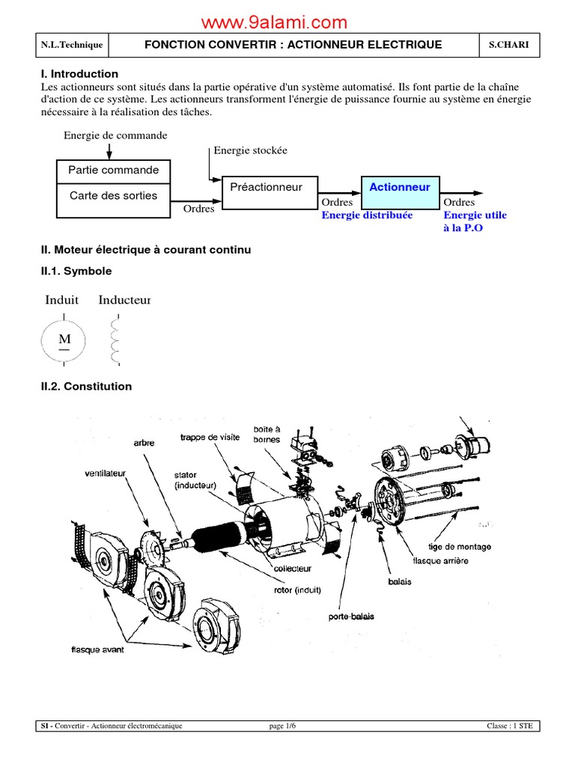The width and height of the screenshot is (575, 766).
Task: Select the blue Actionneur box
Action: point(400,187)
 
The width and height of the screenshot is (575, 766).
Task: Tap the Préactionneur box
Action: point(266,187)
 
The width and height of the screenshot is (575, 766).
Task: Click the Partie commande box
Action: point(114,171)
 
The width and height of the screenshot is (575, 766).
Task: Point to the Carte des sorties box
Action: point(114,196)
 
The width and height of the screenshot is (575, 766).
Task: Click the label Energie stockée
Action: point(250,150)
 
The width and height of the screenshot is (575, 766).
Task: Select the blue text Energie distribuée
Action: point(367,215)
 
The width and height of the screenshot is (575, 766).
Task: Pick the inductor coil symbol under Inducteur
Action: point(115,341)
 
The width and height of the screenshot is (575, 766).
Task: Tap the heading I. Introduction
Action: point(79,74)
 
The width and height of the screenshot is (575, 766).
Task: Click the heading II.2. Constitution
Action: point(86,387)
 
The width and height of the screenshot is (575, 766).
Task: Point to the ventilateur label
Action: point(106,473)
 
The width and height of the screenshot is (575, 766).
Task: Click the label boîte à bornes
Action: point(267,434)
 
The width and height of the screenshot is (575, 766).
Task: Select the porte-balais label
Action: point(351,616)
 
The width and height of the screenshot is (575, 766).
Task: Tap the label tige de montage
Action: point(460,547)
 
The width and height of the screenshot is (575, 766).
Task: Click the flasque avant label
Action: point(97,649)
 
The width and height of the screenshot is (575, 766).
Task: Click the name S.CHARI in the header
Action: point(508,45)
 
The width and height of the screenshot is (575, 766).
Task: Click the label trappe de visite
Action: point(210,438)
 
